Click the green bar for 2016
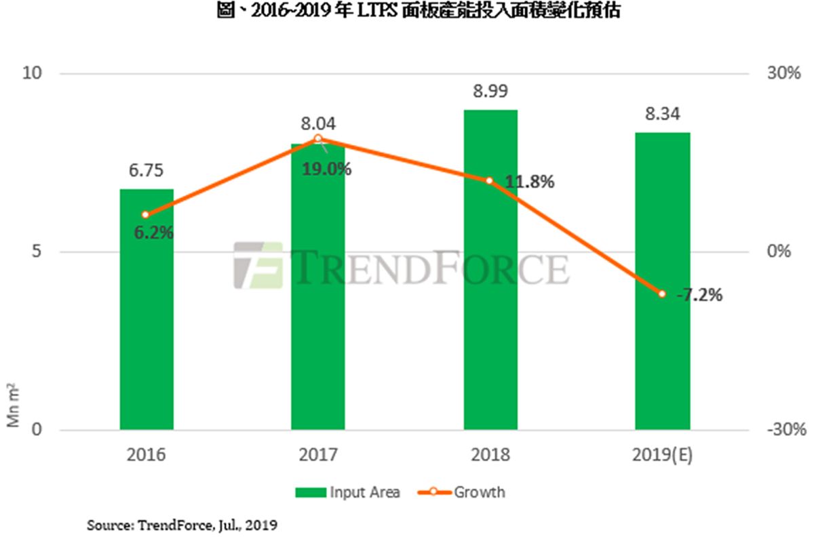[147, 309]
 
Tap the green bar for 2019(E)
[662, 281]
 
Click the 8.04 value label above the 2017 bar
[318, 124]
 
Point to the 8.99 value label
[491, 91]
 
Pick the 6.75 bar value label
[147, 170]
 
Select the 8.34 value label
[663, 113]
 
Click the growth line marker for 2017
[318, 138]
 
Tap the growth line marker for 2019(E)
[662, 294]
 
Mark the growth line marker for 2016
[145, 214]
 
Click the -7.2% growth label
[699, 296]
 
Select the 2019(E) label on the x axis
[662, 455]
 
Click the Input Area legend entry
[347, 492]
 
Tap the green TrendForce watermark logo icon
[257, 265]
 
